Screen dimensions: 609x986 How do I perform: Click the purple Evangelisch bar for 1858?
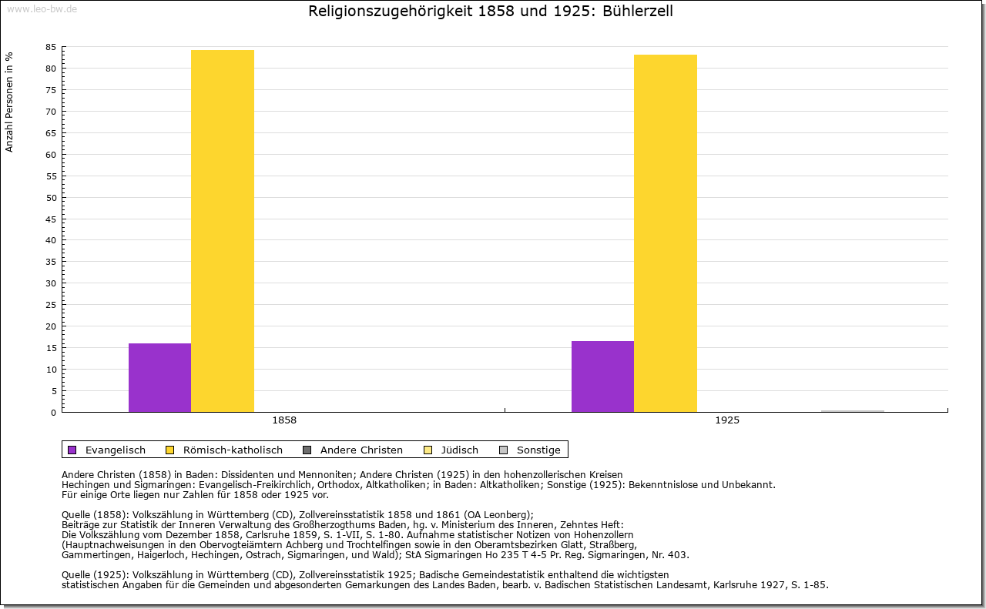[159, 377]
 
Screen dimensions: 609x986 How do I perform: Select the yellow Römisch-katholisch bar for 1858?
[223, 231]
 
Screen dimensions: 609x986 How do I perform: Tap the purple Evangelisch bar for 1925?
[602, 376]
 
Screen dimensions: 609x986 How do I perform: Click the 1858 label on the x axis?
[284, 421]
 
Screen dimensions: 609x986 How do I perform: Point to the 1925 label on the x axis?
[727, 421]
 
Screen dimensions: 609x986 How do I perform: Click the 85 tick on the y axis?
[51, 47]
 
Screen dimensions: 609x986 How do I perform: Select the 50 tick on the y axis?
[51, 197]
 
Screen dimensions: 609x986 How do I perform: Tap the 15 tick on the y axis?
[51, 348]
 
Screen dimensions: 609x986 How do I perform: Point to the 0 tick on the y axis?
[53, 413]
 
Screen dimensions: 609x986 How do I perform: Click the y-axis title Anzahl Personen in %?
[10, 102]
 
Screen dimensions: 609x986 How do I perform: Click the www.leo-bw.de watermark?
[41, 8]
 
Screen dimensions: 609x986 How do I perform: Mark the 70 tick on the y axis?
[51, 112]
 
